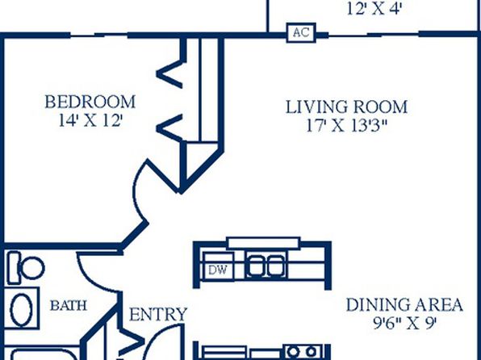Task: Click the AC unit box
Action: [301, 32]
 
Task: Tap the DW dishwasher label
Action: [218, 270]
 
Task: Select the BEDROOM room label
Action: [90, 103]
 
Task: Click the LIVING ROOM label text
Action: [347, 107]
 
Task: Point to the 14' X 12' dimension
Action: [90, 120]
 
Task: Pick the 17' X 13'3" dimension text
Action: [347, 125]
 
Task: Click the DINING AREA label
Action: [404, 305]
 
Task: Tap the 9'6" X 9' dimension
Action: [404, 323]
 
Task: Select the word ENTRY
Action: [158, 315]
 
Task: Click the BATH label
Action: [69, 306]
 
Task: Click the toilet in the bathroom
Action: [26, 268]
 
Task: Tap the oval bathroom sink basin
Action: [21, 308]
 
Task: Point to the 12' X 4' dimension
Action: [374, 9]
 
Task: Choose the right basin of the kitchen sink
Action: [275, 266]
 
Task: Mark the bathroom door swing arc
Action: [92, 278]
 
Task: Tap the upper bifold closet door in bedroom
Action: [169, 73]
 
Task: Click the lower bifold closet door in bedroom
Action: [169, 128]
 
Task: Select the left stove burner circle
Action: [293, 351]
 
